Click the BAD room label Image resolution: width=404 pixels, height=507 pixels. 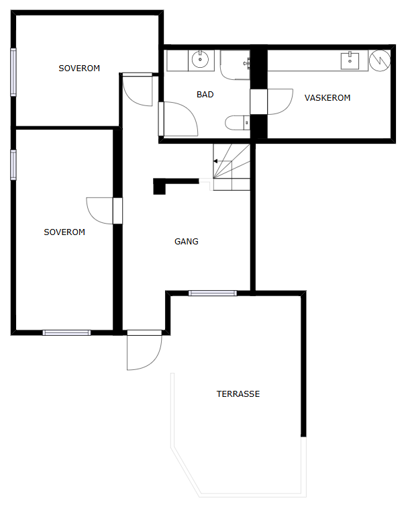click(205, 95)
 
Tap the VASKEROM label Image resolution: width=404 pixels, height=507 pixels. click(327, 97)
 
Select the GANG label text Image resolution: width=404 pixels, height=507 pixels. click(186, 241)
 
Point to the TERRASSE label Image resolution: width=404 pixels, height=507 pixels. click(238, 394)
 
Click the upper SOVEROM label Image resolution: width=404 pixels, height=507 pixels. click(79, 68)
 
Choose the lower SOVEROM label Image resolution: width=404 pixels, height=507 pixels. click(64, 232)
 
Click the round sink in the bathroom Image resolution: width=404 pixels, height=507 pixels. click(201, 60)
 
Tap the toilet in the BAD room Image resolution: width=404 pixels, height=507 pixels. click(237, 122)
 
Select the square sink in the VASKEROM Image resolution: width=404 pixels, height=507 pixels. click(350, 61)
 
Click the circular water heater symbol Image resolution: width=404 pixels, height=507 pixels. click(380, 60)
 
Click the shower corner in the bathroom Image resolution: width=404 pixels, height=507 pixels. click(235, 64)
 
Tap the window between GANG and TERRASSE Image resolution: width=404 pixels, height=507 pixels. click(213, 293)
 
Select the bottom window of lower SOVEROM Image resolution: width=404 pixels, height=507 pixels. click(66, 332)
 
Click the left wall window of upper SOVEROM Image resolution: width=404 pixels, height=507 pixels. click(13, 72)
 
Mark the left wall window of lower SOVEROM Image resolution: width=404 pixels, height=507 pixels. click(13, 165)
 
